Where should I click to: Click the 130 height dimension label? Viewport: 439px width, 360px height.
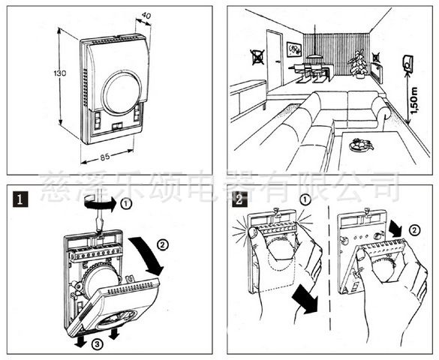60,73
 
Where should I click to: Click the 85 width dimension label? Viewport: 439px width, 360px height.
105,157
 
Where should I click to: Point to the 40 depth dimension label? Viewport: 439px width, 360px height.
146,15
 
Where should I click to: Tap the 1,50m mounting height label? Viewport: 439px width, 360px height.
413,100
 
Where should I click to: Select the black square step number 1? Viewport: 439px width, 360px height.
20,199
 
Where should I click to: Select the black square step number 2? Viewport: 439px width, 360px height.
239,199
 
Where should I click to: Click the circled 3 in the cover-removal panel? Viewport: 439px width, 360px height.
97,344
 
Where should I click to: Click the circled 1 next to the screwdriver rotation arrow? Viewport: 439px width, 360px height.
126,204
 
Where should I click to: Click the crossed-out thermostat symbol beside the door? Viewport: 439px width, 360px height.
258,57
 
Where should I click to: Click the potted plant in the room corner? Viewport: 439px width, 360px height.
357,64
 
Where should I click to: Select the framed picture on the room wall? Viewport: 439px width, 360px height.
294,49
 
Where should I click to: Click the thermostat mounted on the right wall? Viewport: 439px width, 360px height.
407,63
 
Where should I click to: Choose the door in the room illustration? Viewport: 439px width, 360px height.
275,61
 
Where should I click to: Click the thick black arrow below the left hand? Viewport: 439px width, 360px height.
305,301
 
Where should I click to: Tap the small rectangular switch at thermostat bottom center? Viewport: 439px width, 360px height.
117,127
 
